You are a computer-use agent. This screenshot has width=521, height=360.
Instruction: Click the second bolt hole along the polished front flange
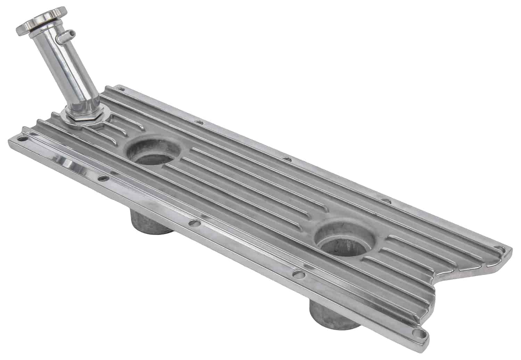click(x=102, y=179)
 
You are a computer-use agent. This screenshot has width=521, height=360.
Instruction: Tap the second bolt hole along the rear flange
click(x=198, y=122)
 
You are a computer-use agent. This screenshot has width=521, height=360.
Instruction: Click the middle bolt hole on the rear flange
click(x=287, y=159)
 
